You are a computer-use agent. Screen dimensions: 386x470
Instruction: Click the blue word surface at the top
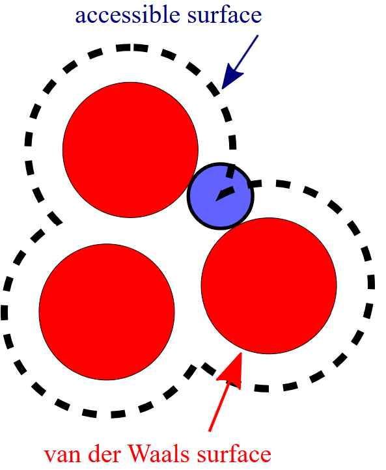click(x=225, y=15)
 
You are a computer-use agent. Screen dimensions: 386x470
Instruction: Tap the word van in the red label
click(x=62, y=454)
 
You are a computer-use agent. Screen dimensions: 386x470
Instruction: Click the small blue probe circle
click(x=221, y=197)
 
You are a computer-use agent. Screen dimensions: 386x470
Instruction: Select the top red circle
click(x=130, y=150)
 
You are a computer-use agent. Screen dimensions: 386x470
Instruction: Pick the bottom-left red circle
click(x=107, y=312)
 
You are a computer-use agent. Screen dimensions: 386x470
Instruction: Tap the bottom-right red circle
click(x=269, y=286)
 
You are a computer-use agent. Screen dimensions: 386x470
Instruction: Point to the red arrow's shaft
click(x=219, y=406)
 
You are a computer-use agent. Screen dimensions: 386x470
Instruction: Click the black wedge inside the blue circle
click(x=225, y=193)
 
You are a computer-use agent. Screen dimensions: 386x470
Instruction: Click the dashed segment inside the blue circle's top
click(x=231, y=171)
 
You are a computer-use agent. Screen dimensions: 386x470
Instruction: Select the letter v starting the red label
click(x=49, y=456)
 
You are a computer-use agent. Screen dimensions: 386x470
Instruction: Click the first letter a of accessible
click(x=80, y=18)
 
